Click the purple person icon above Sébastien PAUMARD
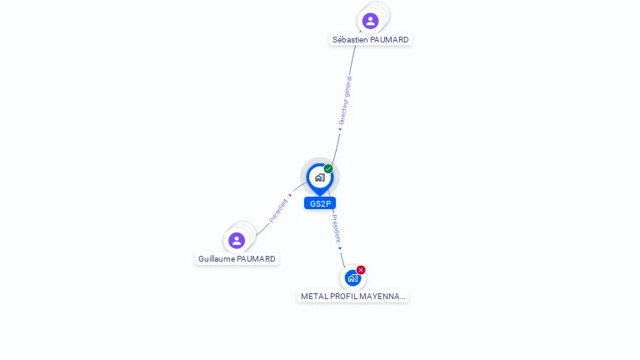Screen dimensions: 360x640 click(x=371, y=20)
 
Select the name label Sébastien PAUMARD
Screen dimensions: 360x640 click(x=371, y=39)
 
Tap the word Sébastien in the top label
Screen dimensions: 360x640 click(x=350, y=39)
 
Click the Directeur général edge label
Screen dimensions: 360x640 click(x=345, y=102)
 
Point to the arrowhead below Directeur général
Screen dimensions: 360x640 click(x=339, y=129)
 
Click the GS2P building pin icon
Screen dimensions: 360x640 click(x=319, y=177)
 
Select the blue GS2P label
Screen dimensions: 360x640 click(x=320, y=203)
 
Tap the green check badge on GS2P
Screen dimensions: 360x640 click(x=328, y=169)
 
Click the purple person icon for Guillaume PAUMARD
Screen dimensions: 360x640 click(x=237, y=240)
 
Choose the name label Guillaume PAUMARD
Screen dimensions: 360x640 click(x=237, y=259)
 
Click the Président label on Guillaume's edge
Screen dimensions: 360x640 click(x=278, y=210)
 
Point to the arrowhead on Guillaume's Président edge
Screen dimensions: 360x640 click(x=290, y=196)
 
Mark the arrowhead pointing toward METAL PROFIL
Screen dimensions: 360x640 click(x=339, y=247)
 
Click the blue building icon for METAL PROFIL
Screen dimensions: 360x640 click(x=352, y=278)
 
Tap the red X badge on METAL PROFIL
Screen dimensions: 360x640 click(x=361, y=270)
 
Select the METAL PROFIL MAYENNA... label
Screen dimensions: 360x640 click(x=352, y=297)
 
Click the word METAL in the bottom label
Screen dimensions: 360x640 click(x=314, y=297)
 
